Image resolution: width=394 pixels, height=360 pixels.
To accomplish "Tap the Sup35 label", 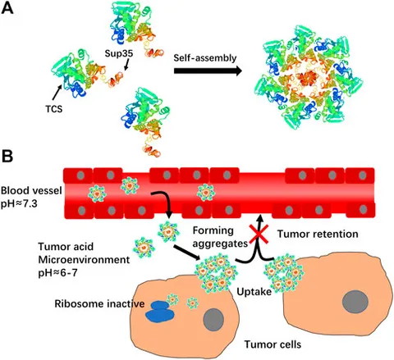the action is [119, 53].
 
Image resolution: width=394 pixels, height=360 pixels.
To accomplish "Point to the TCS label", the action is [54, 109].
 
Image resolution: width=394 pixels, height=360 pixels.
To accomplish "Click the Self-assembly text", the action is [205, 58].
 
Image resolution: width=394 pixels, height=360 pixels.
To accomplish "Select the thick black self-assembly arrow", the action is [208, 71].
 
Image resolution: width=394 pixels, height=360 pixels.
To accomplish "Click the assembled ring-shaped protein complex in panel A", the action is [309, 78].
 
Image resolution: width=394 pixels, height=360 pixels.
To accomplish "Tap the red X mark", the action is [259, 234].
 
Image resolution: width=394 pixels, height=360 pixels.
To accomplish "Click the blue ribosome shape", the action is [160, 311].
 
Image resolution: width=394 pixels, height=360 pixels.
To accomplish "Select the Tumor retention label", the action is [318, 234].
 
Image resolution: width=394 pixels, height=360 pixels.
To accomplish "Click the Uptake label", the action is [254, 292].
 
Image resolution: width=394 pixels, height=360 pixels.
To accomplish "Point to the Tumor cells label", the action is [273, 344].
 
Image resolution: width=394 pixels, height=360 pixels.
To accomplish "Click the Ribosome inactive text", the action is [99, 303].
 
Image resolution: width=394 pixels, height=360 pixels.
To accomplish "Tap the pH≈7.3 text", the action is [19, 204].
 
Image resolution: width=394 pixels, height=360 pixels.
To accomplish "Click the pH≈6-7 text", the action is [57, 273].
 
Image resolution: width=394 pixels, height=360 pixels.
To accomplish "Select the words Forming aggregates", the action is [220, 237].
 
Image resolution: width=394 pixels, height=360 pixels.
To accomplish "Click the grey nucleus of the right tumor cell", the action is [355, 302].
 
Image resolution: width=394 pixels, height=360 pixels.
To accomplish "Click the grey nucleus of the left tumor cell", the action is [213, 319].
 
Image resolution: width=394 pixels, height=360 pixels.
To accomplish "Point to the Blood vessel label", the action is [31, 190].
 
